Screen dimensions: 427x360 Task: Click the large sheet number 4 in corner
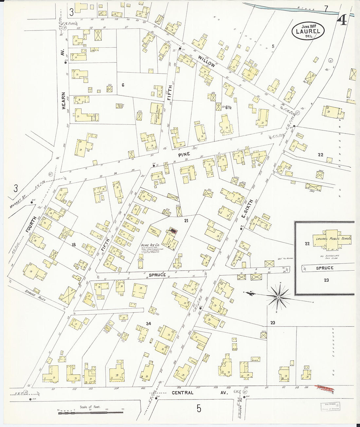pyautogui.click(x=343, y=20)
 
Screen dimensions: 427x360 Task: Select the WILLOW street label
pyautogui.click(x=206, y=61)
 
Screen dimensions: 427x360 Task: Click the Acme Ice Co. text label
pyautogui.click(x=150, y=244)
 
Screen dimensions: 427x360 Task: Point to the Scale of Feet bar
pyautogui.click(x=90, y=413)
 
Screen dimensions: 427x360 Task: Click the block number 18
pyautogui.click(x=74, y=244)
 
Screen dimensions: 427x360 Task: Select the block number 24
pyautogui.click(x=148, y=324)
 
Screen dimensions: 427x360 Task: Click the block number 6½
pyautogui.click(x=228, y=107)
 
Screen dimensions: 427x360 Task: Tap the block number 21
pyautogui.click(x=186, y=221)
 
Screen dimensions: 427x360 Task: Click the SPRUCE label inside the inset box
pyautogui.click(x=325, y=268)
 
